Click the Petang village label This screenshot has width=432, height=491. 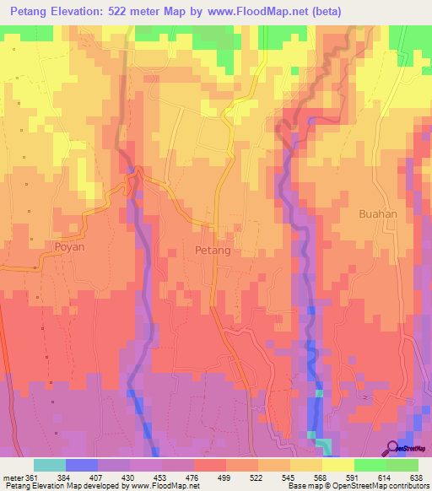pos(212,251)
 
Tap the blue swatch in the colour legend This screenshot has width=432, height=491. pos(81,465)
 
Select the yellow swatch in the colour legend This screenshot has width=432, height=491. pos(337,465)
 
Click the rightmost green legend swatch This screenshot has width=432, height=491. pos(402,465)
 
